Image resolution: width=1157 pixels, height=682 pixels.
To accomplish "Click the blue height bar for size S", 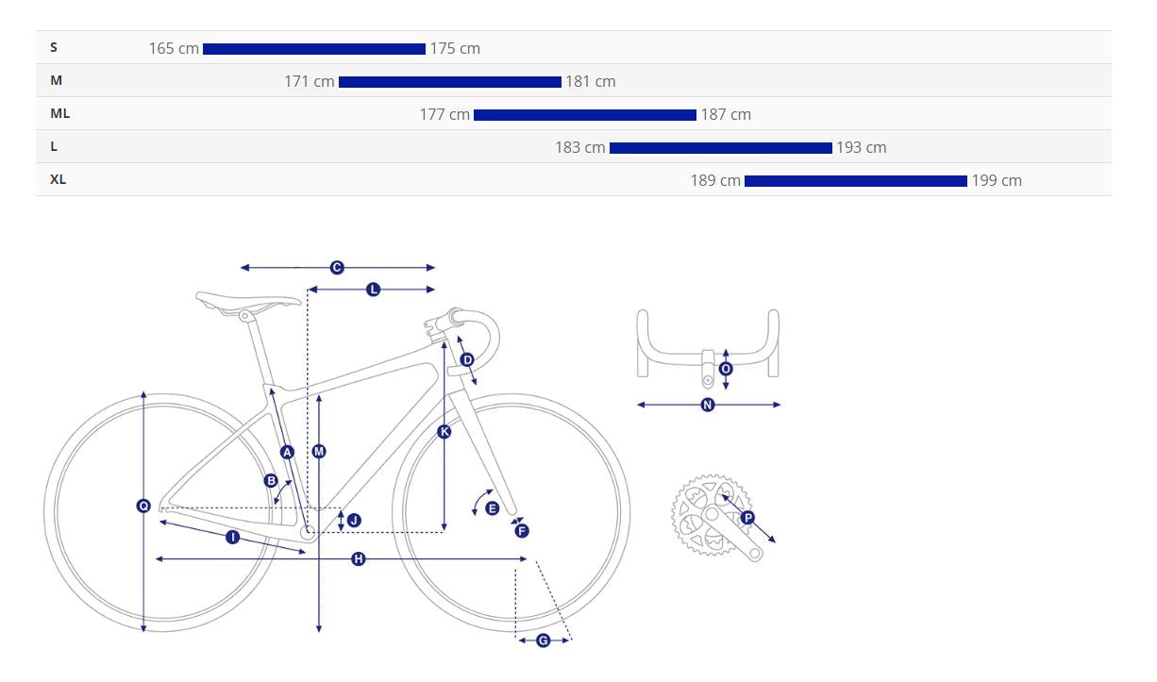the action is point(314,49).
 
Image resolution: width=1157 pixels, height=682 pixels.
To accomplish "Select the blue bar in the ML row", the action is point(585,115).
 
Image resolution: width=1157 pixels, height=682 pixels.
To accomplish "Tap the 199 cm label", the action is point(997,181).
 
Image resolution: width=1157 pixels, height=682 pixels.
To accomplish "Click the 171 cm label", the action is point(310,81).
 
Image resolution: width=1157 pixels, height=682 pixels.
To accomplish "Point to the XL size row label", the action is point(58,179).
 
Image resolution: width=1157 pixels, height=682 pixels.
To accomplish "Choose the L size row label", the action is point(54,146).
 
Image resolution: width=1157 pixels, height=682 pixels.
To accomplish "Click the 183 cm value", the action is point(580,148).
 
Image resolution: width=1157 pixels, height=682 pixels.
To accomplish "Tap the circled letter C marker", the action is point(337,268).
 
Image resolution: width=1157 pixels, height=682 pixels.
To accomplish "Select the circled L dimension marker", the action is point(373,290).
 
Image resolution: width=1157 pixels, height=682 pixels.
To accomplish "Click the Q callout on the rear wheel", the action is point(143,506).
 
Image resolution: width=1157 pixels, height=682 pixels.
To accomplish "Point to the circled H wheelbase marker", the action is point(358,558).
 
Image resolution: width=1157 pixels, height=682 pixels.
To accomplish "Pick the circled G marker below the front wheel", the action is point(543,640).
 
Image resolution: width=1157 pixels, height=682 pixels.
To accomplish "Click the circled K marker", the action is point(444,432).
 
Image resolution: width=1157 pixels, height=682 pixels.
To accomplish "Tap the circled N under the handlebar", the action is point(708,405).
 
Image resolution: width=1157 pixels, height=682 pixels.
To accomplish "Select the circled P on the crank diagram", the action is point(747,517).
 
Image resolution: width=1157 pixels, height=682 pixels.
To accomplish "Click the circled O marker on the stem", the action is point(726,369).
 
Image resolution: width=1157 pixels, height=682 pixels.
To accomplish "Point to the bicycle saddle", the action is point(247,302).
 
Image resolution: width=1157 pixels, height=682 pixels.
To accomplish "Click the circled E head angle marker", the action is point(493,508).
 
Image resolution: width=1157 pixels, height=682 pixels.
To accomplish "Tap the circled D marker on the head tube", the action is point(467,359).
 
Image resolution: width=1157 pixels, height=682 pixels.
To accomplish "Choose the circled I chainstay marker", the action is point(233,538).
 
